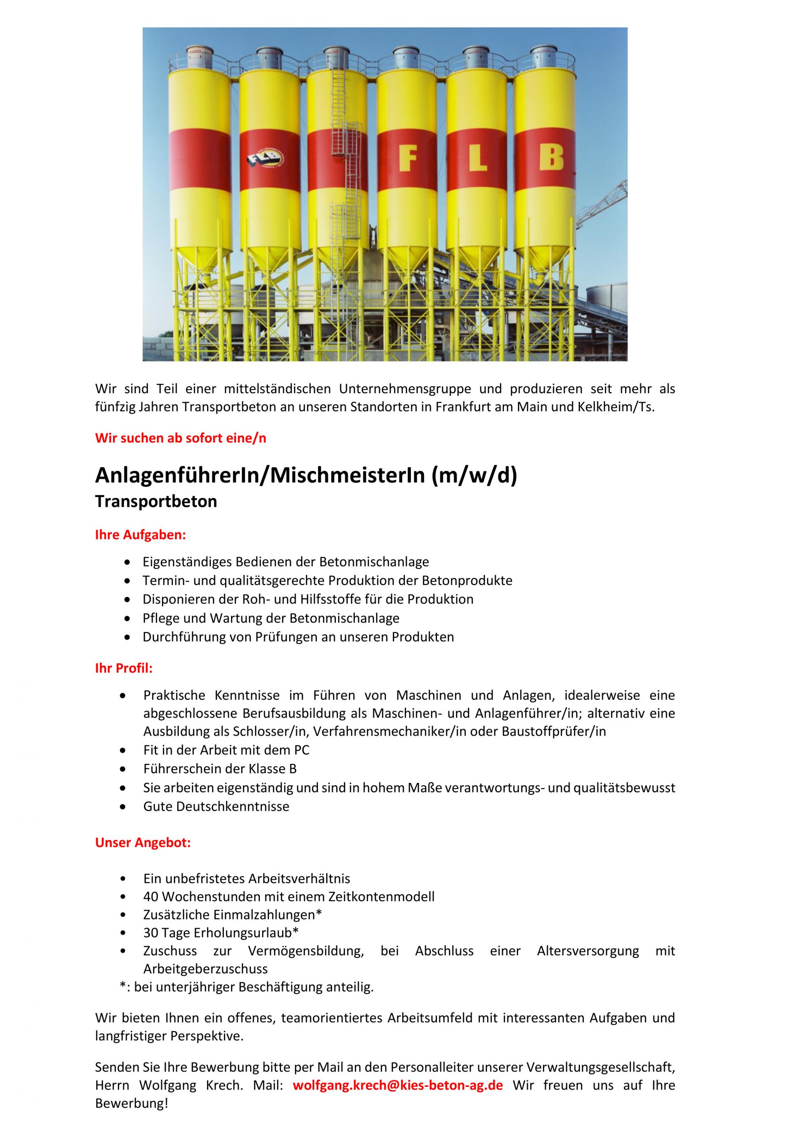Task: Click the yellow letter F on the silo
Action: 407,159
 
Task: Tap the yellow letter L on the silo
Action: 477,159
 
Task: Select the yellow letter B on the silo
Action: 550,159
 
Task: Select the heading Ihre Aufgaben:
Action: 140,535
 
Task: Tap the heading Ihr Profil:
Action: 124,668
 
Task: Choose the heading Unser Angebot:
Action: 143,843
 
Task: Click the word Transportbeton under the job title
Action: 156,501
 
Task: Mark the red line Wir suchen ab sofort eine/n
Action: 181,438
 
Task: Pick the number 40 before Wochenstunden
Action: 151,896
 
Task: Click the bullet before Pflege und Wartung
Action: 128,618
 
